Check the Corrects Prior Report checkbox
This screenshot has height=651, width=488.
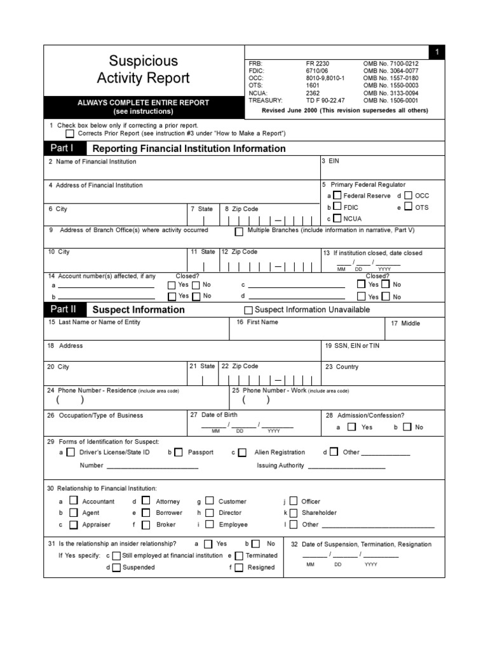(70, 134)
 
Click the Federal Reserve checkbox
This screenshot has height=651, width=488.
(337, 196)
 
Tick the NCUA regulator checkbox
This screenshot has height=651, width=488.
(337, 219)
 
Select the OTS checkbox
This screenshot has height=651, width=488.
(407, 207)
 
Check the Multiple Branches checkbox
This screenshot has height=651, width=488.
(239, 231)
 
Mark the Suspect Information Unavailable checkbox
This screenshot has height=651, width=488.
(248, 310)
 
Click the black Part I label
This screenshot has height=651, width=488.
(62, 148)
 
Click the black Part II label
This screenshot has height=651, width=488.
(64, 310)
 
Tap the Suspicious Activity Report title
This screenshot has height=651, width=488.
(143, 69)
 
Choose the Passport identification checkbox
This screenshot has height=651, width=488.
(179, 452)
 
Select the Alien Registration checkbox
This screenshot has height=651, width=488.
(242, 453)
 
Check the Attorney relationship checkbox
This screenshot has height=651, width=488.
(146, 501)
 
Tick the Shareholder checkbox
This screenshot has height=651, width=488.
(293, 512)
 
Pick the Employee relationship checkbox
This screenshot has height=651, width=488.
(209, 524)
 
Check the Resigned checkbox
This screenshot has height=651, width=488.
(238, 567)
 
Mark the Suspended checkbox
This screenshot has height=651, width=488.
(116, 567)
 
